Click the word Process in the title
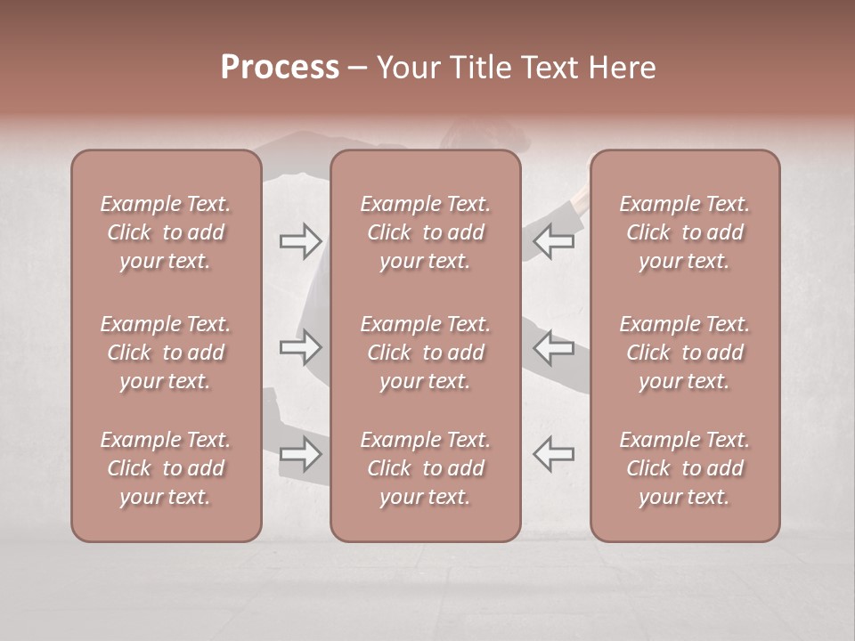click(280, 68)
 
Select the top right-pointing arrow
click(301, 240)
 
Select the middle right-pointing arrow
click(301, 347)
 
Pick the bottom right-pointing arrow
click(301, 454)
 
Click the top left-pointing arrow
click(553, 240)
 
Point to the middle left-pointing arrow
click(553, 347)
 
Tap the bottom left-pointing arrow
click(553, 454)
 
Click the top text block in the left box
click(166, 232)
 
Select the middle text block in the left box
click(166, 353)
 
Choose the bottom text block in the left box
click(166, 468)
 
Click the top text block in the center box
click(425, 232)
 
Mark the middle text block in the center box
click(425, 353)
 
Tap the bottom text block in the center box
click(425, 468)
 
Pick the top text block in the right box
click(684, 232)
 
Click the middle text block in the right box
click(684, 353)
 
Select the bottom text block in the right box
click(684, 468)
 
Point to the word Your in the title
click(409, 68)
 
